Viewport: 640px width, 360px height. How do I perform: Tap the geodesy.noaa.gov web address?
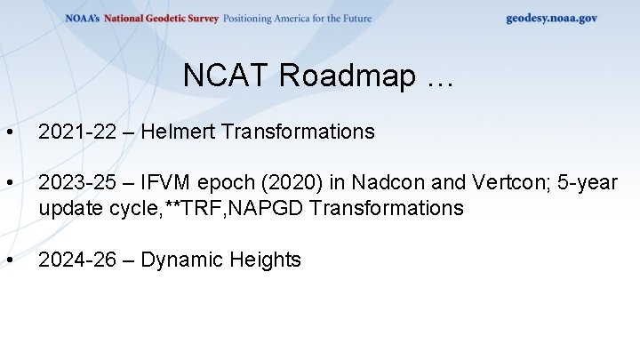(x=551, y=18)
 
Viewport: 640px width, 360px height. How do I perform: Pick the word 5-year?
(x=582, y=183)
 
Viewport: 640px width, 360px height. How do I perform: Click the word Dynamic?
(x=181, y=260)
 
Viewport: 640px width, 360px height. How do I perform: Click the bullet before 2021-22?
(x=9, y=133)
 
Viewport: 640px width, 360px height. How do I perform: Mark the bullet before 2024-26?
(x=9, y=260)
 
